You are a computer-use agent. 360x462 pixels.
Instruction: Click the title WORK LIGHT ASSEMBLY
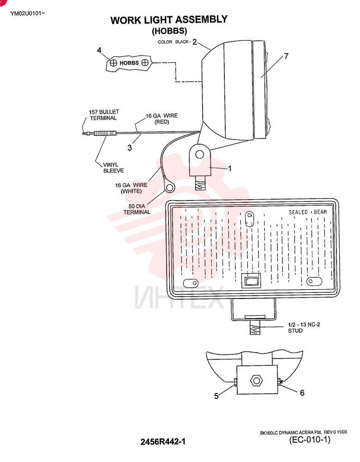coord(169,20)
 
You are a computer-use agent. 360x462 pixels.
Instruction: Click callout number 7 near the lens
coord(286,56)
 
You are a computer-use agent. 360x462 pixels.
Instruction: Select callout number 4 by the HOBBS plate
coord(99,50)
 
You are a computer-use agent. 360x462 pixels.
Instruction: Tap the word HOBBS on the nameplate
coord(129,63)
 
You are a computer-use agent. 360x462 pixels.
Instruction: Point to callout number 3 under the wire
coord(130,148)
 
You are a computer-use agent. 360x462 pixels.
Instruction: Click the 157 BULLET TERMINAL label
coord(103,115)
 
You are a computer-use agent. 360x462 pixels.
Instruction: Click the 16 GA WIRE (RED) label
coord(162,119)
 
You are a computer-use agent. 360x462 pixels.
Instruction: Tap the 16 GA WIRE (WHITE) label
coord(131,188)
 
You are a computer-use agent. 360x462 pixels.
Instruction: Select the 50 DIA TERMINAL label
coord(137,209)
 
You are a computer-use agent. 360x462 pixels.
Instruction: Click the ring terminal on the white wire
coord(169,187)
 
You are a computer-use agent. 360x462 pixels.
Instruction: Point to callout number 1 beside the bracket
coord(229,169)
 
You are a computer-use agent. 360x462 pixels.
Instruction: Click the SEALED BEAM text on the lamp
coord(307,212)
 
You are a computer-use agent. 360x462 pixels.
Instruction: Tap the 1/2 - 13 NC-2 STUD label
coord(304,328)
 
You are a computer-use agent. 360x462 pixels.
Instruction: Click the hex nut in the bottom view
coord(256,381)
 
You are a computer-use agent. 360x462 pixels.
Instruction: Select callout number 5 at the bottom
coord(216,396)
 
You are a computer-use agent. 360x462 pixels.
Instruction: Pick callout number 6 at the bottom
coord(302,393)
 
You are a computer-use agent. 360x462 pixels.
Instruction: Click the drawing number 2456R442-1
coord(163,442)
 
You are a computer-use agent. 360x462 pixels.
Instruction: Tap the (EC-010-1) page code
coord(310,440)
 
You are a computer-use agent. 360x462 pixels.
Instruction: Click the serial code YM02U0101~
coord(28,13)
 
